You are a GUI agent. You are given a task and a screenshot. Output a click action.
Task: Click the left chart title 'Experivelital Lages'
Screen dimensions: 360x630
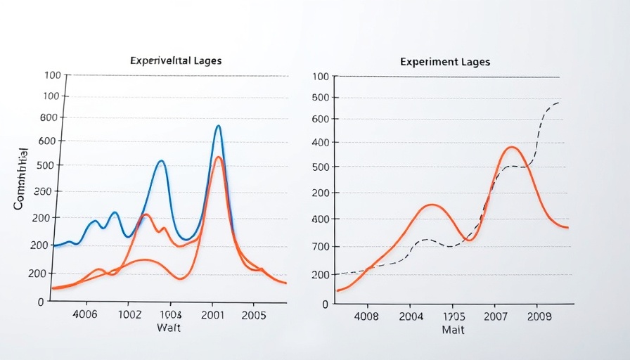click(176, 60)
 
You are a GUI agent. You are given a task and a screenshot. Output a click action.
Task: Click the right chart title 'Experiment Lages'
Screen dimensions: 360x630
click(445, 62)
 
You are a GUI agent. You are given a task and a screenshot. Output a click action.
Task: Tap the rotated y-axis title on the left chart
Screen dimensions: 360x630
click(20, 179)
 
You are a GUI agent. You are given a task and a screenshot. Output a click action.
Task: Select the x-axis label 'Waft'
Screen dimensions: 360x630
click(169, 328)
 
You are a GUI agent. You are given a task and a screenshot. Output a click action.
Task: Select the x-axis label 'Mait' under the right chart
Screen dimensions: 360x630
click(453, 330)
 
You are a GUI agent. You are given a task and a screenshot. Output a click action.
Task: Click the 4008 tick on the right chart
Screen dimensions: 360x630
click(366, 316)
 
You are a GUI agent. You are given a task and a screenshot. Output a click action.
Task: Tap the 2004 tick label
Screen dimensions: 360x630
click(411, 316)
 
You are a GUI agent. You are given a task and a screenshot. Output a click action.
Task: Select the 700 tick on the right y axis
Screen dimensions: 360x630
click(320, 247)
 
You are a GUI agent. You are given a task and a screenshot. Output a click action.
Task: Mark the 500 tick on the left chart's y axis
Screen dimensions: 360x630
click(54, 166)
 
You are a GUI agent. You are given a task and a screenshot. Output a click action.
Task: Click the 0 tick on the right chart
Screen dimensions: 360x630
click(326, 304)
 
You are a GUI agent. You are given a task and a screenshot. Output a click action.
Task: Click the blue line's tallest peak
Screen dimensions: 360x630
click(218, 126)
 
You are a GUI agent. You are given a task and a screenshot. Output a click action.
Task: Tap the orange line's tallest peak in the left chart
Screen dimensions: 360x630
click(218, 157)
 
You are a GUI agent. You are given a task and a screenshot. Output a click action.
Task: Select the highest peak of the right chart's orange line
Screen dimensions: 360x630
click(511, 147)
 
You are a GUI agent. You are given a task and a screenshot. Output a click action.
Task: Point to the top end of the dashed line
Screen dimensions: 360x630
click(559, 103)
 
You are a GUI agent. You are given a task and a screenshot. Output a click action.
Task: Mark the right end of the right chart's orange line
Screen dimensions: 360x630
click(567, 228)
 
